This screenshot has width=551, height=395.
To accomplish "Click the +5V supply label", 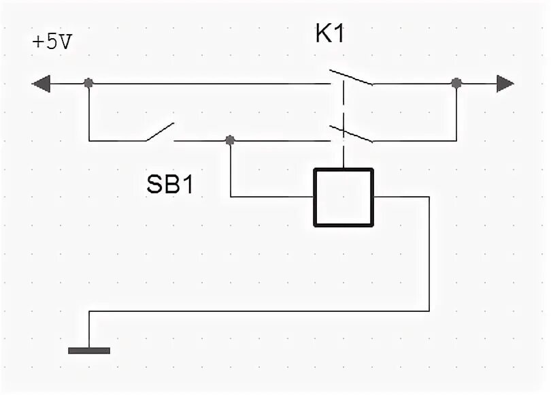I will point(52,42).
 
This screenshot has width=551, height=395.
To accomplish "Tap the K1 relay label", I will point(330,35).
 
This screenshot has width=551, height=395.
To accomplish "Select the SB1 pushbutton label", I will point(169,185).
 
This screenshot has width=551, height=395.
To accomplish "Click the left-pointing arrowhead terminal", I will point(41,84).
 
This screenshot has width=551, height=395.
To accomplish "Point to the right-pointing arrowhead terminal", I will point(505,84).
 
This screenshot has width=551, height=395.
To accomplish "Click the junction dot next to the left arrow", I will point(88,83).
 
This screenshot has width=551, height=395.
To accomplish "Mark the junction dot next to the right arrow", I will point(456,83).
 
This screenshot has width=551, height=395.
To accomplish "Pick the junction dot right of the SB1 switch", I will point(231,140).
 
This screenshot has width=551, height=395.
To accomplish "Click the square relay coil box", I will point(344,197).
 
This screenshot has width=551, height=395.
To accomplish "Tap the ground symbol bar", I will point(89,351).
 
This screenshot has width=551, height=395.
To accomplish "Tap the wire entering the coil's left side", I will point(272,197).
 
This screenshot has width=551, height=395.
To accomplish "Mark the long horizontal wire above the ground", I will point(258,311).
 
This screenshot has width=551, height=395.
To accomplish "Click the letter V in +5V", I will point(65,42).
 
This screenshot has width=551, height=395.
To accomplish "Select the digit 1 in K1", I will point(338,35).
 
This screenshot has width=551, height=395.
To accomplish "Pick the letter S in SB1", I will point(154,185).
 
